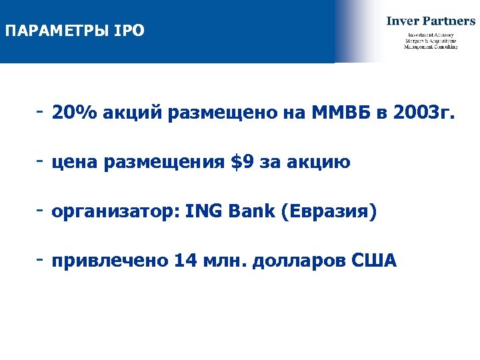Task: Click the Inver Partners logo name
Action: [x=431, y=20]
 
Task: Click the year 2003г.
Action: [x=427, y=113]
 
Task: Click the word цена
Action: [x=74, y=163]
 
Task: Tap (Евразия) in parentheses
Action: [x=329, y=213]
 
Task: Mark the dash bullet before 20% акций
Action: [x=41, y=109]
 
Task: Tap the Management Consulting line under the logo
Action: [x=431, y=47]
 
